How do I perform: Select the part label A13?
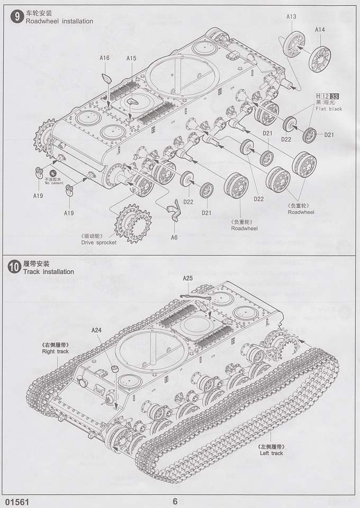[291, 17]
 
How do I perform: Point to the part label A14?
[320, 30]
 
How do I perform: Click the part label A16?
[104, 58]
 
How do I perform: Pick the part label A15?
[131, 58]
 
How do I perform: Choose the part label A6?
[174, 237]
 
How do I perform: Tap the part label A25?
[188, 278]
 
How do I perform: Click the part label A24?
[96, 330]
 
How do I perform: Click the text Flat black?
[329, 109]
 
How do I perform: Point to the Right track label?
[56, 351]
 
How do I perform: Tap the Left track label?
[272, 453]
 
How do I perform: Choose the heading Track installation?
[48, 272]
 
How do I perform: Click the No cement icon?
[52, 174]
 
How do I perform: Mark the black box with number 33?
[335, 96]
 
